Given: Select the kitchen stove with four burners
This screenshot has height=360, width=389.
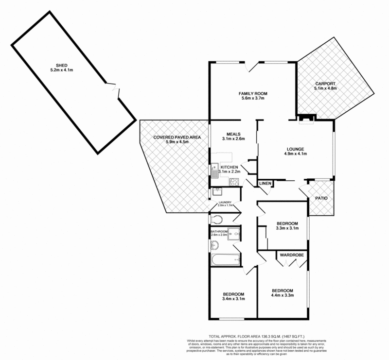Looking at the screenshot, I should tap(234, 183).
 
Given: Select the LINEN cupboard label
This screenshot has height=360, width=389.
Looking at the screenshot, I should tap(265, 183).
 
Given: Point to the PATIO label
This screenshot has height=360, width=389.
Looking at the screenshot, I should tap(321, 198).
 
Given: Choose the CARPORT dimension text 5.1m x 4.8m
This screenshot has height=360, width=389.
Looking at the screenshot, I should tap(325, 89).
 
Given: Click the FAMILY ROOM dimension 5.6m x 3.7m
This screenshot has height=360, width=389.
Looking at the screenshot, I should tap(253, 99).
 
